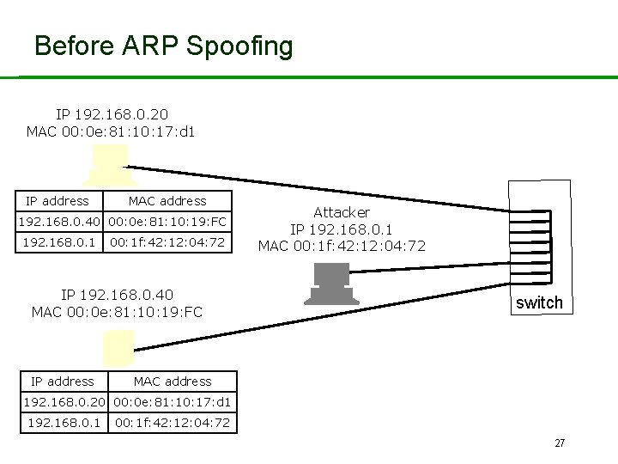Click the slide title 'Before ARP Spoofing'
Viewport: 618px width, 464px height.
(163, 46)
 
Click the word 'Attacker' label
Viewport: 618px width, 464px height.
(342, 211)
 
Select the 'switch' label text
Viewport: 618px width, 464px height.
(538, 302)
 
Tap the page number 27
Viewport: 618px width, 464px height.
(560, 443)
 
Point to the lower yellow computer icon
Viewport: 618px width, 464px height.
(118, 348)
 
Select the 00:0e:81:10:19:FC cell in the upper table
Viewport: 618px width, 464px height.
(167, 222)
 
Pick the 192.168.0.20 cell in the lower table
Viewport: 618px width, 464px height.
(64, 401)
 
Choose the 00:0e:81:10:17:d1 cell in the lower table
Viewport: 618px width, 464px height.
(172, 401)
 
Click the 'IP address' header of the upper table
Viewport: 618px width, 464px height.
(58, 201)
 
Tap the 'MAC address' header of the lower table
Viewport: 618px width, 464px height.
(172, 382)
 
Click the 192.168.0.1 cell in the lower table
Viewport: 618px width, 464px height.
(64, 422)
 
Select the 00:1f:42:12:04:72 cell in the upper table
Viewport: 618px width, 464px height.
(167, 243)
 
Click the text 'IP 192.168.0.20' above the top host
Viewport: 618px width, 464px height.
(112, 114)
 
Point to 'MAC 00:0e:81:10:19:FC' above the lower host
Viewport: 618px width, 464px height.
(117, 312)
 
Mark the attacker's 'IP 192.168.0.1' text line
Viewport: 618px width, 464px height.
(342, 229)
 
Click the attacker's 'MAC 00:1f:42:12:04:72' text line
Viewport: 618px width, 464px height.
(342, 247)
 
